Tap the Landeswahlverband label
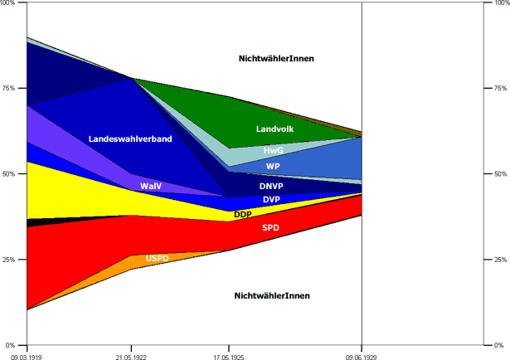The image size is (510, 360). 130,139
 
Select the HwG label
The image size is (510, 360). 273,151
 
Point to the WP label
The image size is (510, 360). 273,166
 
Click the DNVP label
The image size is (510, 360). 271,187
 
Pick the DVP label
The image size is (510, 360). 271,200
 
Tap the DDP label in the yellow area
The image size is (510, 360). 243,215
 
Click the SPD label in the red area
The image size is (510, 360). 270,227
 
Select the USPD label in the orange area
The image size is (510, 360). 157,259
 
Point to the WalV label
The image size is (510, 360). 151,187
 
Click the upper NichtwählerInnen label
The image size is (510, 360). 276,58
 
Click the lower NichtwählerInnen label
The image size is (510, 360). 273,296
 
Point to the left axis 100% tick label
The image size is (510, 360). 9,3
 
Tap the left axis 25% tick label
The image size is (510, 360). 11,260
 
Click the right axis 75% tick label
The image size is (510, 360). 500,89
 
